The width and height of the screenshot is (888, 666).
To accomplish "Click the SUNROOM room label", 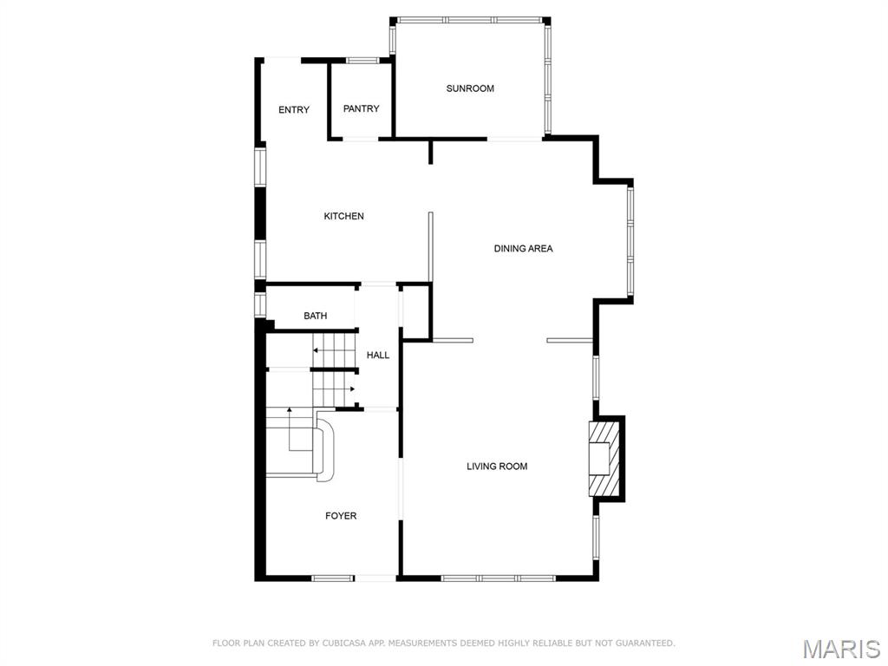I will coord(470,88).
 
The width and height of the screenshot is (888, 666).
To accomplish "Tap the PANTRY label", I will coord(361,109).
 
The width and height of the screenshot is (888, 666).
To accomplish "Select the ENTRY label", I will coord(294,110).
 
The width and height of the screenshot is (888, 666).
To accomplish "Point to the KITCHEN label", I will coord(344,216).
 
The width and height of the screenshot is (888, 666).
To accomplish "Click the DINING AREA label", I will coord(523,249).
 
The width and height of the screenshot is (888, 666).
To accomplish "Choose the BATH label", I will coord(316,316).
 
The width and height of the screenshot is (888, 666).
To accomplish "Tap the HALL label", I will coord(378,356).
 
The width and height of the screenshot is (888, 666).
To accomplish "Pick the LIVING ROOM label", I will coord(497,467).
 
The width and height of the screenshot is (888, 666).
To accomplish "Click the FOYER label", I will coord(341,516).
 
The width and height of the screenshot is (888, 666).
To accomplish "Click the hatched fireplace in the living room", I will coord(605,458).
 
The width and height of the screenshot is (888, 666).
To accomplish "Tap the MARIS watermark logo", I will coord(841,649).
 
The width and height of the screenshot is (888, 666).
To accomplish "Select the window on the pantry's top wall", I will coord(362,60).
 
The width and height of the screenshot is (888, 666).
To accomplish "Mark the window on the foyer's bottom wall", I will coord(333,578).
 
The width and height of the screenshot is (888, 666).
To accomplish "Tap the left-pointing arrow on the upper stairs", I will coord(317,351).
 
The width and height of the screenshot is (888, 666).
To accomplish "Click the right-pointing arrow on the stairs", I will coord(351,389).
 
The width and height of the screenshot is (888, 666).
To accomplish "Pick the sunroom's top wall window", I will coord(470,19).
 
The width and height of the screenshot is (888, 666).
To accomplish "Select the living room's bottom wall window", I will coord(498,578).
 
